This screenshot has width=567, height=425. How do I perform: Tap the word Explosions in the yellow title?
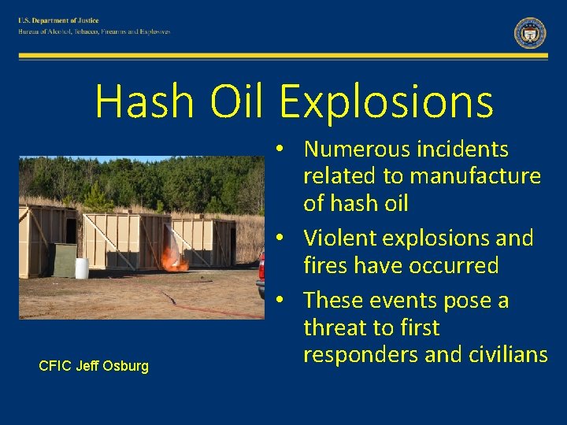(x=386, y=102)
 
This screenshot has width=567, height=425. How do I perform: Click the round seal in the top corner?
(x=530, y=33)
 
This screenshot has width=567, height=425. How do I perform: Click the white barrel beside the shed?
(x=82, y=268)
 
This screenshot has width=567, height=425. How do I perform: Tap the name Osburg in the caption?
(x=127, y=366)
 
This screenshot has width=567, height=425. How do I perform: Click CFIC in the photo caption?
(x=54, y=366)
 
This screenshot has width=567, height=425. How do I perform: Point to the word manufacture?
(x=487, y=176)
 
